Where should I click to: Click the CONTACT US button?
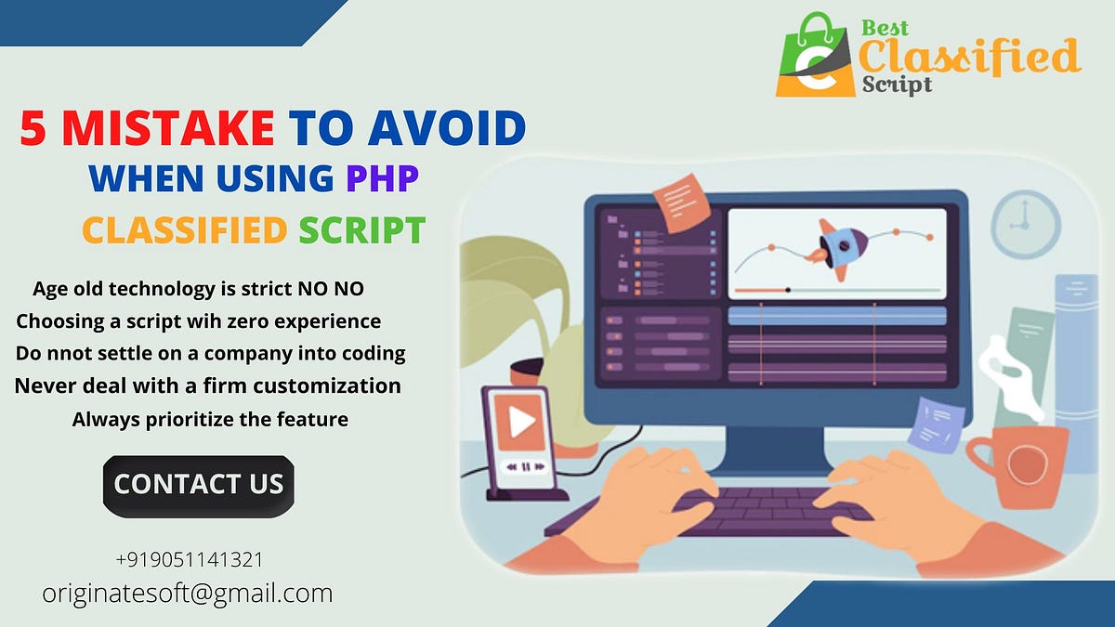pos(198,485)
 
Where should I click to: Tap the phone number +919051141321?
pos(189,560)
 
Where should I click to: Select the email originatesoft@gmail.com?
pos(187,593)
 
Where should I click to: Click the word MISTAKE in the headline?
pos(167,129)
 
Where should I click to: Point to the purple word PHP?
pos(382,177)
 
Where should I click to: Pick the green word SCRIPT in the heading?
pos(361,229)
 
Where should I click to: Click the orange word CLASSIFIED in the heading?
pos(183,229)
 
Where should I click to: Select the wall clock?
pos(1025,224)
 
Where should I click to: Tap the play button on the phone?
pos(521,423)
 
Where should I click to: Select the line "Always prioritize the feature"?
pos(210,419)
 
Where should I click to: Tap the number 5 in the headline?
pos(34,129)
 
